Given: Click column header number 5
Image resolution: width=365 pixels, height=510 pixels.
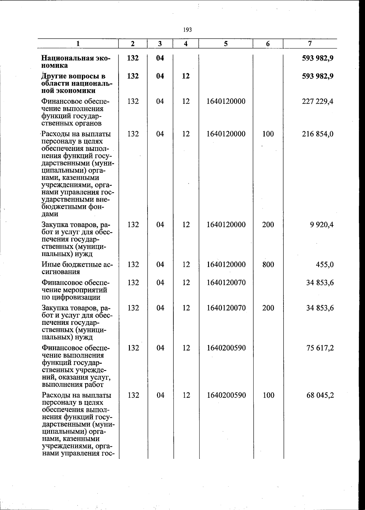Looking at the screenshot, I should [x=226, y=43].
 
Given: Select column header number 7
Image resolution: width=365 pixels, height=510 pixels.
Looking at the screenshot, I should [x=310, y=43].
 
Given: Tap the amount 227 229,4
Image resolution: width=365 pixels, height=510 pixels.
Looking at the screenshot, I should [x=318, y=101].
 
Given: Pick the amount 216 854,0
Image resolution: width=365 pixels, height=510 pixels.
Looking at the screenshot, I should [x=318, y=134].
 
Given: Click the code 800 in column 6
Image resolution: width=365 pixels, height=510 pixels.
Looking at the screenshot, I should [x=268, y=265].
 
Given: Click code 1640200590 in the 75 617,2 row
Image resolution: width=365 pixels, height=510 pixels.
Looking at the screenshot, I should [x=226, y=348].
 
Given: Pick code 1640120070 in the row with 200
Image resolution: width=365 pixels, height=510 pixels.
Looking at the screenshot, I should [x=226, y=308].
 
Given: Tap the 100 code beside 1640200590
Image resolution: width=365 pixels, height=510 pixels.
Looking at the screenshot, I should [x=268, y=395].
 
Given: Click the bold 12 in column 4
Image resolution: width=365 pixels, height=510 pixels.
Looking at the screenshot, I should [x=186, y=76].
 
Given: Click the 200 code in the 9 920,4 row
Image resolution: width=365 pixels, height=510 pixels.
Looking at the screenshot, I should [x=268, y=225].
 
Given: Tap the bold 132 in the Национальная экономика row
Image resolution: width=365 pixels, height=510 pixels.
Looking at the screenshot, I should [x=133, y=58].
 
